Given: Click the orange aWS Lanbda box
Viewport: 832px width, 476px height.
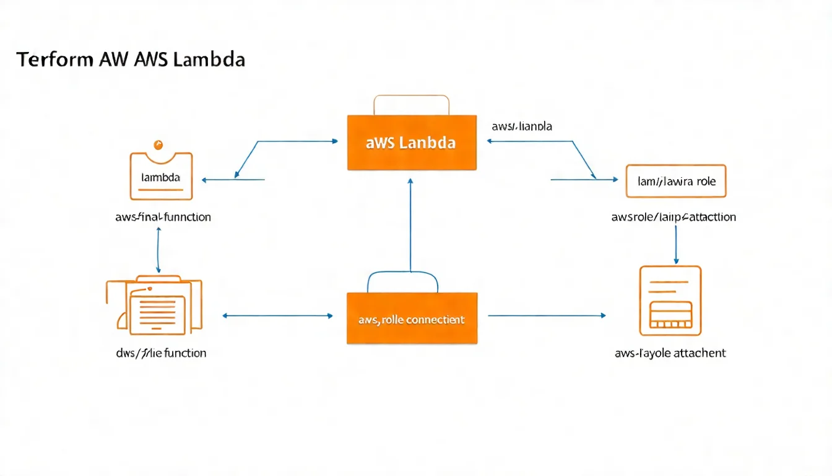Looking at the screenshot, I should [x=412, y=143].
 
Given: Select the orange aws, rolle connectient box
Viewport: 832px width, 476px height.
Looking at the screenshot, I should [x=412, y=319].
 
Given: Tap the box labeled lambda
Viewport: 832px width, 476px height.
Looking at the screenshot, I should [x=161, y=177].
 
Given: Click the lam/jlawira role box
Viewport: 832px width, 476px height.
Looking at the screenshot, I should [x=675, y=181].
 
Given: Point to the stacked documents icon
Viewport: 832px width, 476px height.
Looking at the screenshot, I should [x=155, y=304].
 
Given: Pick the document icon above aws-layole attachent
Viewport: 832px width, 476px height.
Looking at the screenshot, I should [x=670, y=301].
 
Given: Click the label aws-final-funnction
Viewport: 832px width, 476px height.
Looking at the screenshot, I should [x=163, y=218].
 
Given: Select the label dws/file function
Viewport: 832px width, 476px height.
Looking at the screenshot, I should [x=160, y=353].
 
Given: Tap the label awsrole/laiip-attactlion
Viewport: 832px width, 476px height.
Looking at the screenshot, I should [x=674, y=218].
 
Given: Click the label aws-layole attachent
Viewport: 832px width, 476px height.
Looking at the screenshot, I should [x=670, y=353].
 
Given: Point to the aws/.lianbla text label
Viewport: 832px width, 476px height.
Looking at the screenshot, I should [x=522, y=126].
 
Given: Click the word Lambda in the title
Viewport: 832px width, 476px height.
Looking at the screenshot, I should [x=210, y=60].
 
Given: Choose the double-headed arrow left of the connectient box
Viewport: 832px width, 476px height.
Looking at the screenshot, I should [x=277, y=316].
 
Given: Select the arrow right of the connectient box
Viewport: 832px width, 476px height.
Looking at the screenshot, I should [x=547, y=316].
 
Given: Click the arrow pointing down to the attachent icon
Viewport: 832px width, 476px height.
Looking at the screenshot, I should [x=676, y=244].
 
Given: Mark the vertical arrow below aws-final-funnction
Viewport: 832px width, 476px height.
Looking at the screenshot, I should [x=159, y=250].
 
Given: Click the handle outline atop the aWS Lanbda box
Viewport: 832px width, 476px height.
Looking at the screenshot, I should [x=412, y=104].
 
